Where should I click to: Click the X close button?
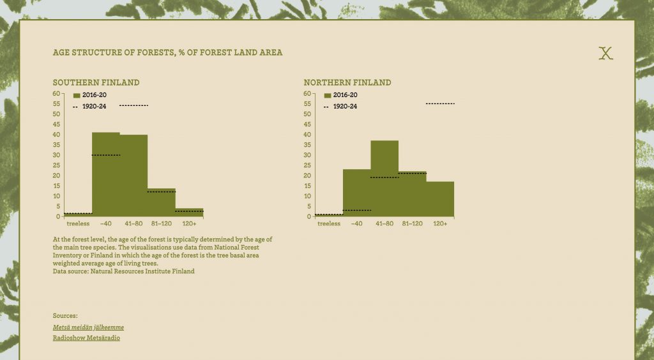point(605,53)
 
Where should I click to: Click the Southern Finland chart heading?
point(96,82)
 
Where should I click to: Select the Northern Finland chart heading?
point(347,82)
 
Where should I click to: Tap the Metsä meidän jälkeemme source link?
point(88,327)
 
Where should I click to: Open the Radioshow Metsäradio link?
point(86,338)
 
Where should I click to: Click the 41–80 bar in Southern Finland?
point(133,176)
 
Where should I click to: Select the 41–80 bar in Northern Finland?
point(384,178)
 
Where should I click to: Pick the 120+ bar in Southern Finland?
point(189,213)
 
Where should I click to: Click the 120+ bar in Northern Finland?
point(440,199)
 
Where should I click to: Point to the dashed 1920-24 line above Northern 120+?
point(440,103)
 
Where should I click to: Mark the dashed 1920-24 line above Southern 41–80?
point(133,105)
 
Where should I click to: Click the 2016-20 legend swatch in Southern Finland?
point(77,95)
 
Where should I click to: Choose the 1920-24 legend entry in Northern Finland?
point(340,107)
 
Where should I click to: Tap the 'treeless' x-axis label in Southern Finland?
point(78,224)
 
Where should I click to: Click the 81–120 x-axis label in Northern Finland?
point(413,224)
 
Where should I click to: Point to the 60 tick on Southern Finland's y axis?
point(56,94)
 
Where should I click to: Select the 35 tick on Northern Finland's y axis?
point(307,145)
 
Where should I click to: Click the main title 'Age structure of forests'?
point(168,52)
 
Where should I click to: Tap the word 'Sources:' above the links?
point(65,316)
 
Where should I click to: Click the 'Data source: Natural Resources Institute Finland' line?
point(123,271)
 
